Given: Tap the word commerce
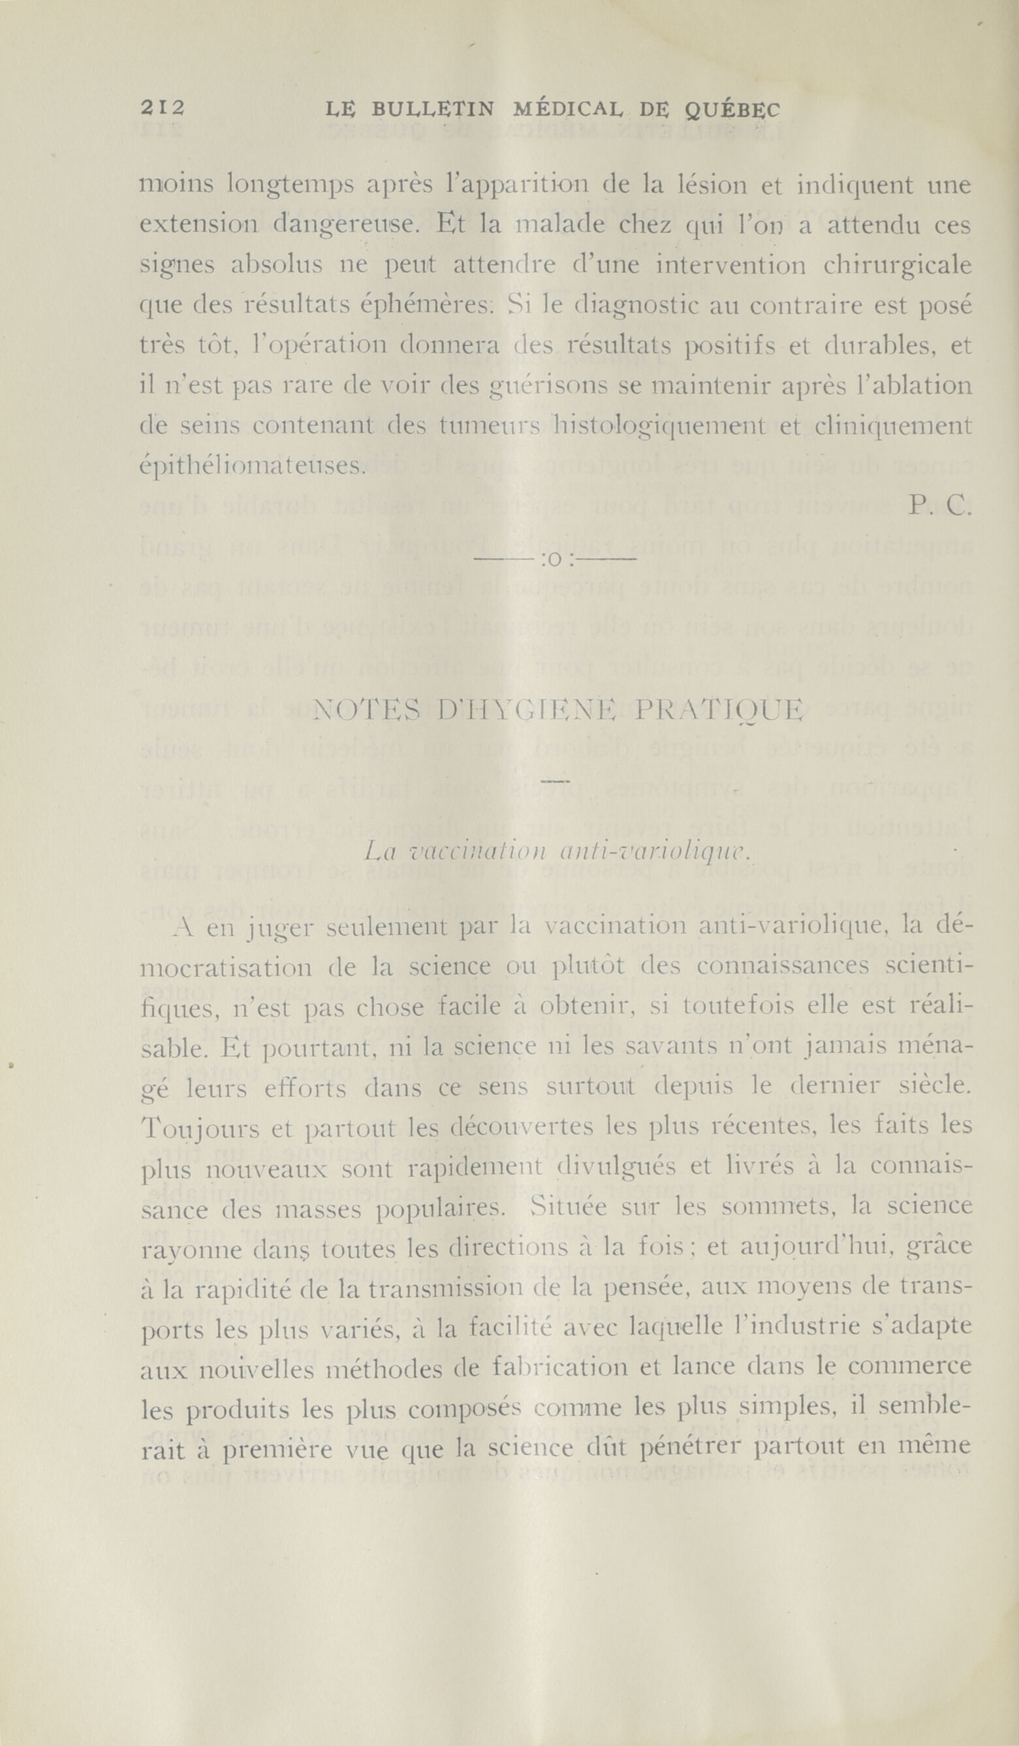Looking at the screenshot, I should tap(909, 1367).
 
